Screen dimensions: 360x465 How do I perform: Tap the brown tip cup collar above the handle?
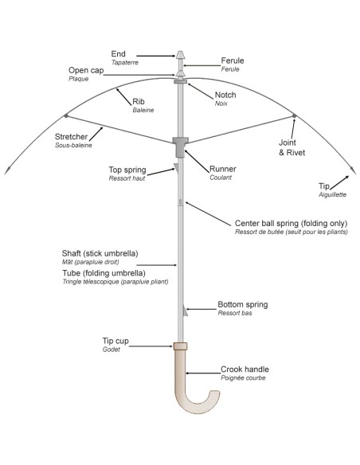tap(180, 346)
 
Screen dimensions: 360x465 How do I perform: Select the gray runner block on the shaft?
tap(180, 147)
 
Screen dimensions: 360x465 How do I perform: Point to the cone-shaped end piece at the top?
tap(180, 55)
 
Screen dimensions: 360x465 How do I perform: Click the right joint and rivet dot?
tap(294, 115)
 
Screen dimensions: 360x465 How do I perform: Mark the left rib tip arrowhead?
tap(8, 171)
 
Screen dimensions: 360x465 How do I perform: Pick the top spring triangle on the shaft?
tap(176, 167)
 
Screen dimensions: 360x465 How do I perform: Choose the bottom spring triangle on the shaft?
tap(186, 311)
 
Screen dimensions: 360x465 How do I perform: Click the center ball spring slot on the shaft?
tap(180, 202)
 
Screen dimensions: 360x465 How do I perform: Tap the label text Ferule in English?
tap(233, 61)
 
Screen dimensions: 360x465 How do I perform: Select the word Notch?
tap(225, 95)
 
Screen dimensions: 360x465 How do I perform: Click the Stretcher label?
tap(71, 137)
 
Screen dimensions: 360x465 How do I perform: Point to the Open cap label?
tap(86, 71)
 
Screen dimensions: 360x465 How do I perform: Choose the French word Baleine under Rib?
tap(143, 110)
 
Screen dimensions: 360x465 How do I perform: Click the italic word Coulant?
tap(221, 178)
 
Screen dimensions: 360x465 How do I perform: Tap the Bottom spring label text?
tap(243, 305)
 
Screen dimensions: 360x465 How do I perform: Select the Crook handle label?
tap(245, 369)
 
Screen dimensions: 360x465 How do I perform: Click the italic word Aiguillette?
tap(332, 194)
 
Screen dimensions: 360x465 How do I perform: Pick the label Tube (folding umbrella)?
tap(104, 273)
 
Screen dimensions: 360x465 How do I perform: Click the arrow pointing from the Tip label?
tap(340, 182)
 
